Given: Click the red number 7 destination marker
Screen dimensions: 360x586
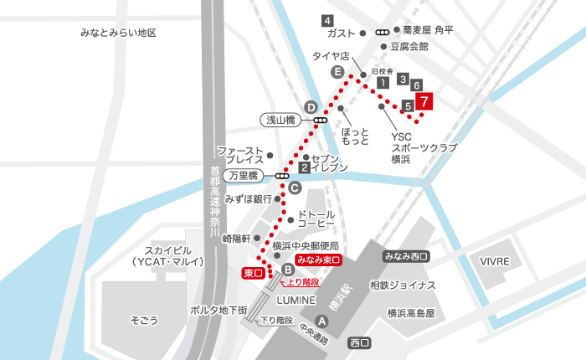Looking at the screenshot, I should click(425, 103).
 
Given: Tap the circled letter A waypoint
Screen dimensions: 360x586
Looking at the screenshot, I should click(321, 319).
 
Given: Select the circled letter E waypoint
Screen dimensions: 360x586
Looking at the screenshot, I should click(337, 73).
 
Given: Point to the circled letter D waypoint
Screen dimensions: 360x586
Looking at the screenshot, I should click(311, 107).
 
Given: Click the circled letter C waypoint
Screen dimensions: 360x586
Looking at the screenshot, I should click(295, 188).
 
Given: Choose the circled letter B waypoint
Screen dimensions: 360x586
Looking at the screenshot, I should click(287, 269).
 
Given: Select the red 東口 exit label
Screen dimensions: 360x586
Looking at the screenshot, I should click(253, 273).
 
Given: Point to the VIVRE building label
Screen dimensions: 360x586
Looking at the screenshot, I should click(495, 262).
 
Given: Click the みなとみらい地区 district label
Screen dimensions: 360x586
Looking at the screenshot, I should click(119, 33).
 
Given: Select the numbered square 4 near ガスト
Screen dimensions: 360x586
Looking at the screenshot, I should click(327, 20).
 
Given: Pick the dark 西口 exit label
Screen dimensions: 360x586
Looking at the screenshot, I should click(360, 342).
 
